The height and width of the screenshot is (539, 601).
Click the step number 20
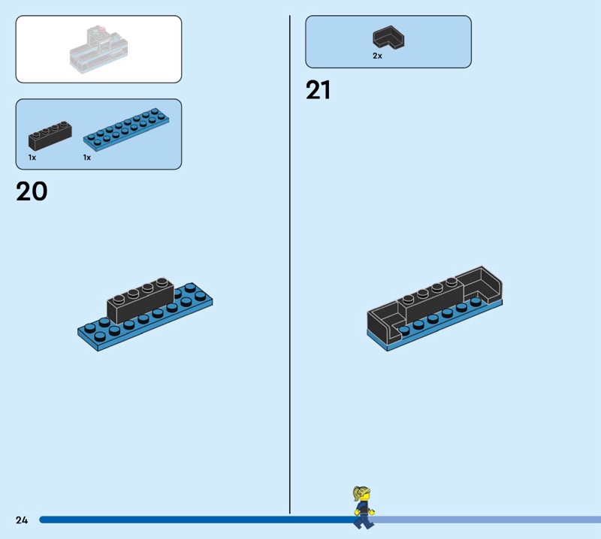(32, 191)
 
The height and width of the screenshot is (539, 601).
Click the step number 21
(318, 91)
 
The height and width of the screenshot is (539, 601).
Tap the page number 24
(21, 519)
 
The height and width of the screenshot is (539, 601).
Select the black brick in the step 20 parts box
(50, 136)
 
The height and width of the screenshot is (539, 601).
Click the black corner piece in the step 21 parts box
(388, 38)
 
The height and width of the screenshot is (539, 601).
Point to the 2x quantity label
(377, 56)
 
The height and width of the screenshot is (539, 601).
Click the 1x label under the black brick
(32, 158)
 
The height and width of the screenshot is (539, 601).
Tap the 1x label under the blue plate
(87, 158)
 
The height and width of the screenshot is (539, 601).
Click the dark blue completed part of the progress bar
(188, 519)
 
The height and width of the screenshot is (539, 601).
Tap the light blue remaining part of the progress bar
(488, 519)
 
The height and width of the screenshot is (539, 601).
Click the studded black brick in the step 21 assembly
(429, 299)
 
